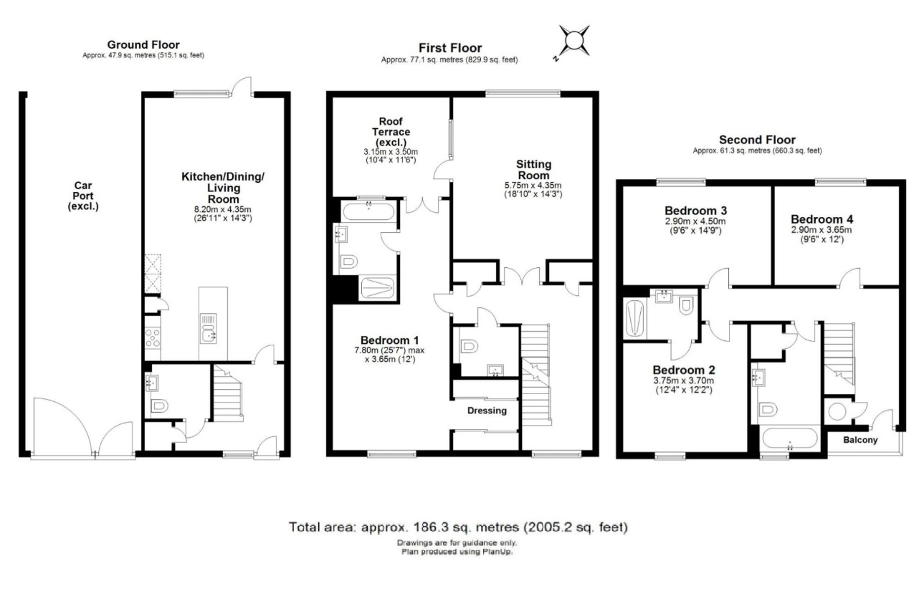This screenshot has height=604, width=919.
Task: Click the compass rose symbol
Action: click(x=574, y=41)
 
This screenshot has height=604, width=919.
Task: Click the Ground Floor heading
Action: click(x=143, y=45)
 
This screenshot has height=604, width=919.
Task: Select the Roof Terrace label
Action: click(x=391, y=132)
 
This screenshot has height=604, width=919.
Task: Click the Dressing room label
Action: click(x=487, y=411)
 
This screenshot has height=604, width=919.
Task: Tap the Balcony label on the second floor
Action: click(x=859, y=440)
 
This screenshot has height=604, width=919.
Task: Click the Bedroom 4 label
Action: click(x=822, y=219)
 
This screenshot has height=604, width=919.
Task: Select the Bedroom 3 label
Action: click(x=695, y=211)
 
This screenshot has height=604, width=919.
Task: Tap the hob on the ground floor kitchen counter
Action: click(x=153, y=337)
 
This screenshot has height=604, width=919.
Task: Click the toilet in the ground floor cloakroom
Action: click(x=159, y=406)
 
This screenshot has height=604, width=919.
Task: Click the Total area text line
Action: click(x=459, y=527)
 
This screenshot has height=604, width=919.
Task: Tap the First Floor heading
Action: click(x=450, y=48)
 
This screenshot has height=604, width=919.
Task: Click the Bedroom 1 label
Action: click(x=391, y=340)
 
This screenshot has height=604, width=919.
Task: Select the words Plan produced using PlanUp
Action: click(x=457, y=552)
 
